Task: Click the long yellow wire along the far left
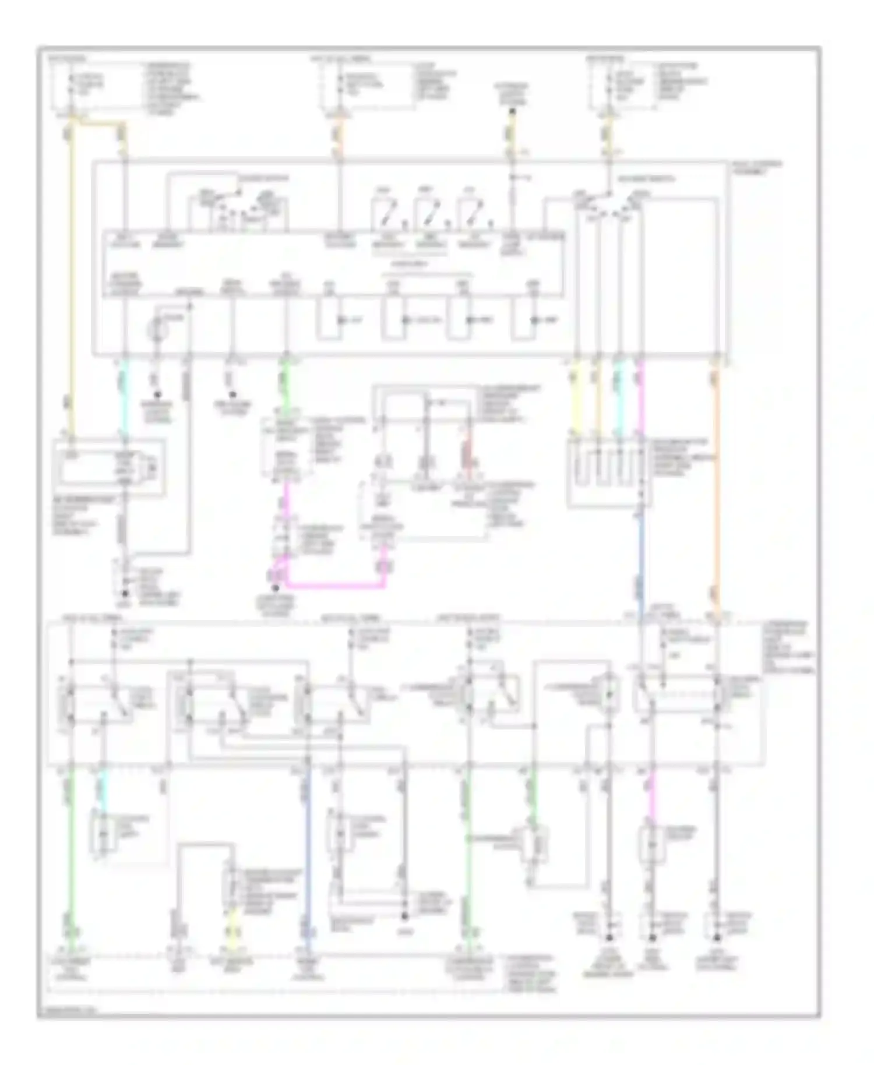tap(71, 280)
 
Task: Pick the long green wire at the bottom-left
tap(71, 851)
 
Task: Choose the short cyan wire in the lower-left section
tap(103, 789)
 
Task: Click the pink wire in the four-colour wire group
tap(640, 402)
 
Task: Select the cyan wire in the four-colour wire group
tap(619, 402)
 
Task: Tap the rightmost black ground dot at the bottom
tap(717, 938)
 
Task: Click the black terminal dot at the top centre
tap(512, 109)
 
